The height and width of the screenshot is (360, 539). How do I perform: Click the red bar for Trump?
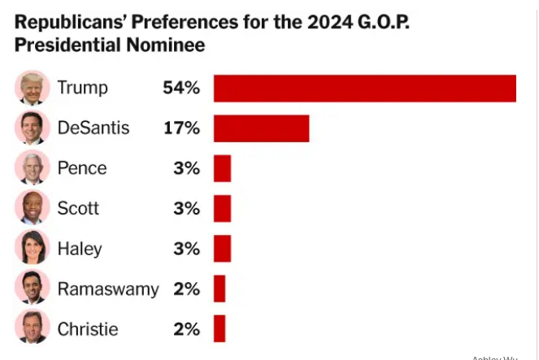364,88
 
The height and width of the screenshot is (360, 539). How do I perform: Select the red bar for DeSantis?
261,128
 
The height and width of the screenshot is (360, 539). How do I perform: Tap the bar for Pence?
222,168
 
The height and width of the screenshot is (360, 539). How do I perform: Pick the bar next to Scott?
222,208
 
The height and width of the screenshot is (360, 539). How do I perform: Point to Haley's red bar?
222,248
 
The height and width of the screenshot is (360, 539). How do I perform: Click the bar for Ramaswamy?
219,288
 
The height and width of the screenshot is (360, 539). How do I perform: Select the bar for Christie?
219,328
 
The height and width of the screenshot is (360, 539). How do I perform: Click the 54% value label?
180,88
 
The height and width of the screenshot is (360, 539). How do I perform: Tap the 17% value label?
180,128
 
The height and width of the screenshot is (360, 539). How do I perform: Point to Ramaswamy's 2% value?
185,288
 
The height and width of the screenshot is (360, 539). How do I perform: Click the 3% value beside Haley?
185,248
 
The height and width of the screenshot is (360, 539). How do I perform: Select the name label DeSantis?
93,128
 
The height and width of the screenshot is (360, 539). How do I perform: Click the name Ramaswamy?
108,288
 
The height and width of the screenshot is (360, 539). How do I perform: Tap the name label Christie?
87,328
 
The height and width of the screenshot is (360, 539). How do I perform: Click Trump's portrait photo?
32,88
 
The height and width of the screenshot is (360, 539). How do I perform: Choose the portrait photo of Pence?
32,168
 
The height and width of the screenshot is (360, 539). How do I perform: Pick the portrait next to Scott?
32,208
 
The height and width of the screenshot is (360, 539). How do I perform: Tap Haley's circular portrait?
32,248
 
